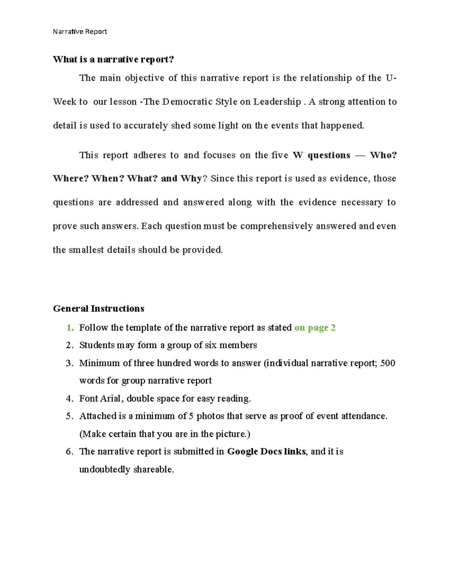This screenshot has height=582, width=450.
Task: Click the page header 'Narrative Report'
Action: pyautogui.click(x=79, y=31)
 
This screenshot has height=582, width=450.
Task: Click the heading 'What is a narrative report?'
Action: pyautogui.click(x=113, y=59)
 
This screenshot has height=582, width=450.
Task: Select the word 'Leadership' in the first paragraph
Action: pyautogui.click(x=277, y=102)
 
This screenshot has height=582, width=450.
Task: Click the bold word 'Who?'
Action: pyautogui.click(x=383, y=155)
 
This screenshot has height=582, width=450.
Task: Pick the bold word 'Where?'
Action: pyautogui.click(x=70, y=178)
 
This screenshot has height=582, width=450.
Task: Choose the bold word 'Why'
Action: pyautogui.click(x=191, y=178)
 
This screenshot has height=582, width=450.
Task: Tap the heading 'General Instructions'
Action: pyautogui.click(x=99, y=308)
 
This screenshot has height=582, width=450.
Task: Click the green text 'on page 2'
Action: pyautogui.click(x=315, y=328)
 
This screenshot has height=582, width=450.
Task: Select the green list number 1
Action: pyautogui.click(x=70, y=328)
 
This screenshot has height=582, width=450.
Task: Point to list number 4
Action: pyautogui.click(x=69, y=398)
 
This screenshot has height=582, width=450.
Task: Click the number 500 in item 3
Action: pyautogui.click(x=388, y=363)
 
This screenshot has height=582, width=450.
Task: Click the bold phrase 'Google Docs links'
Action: pyautogui.click(x=266, y=451)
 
